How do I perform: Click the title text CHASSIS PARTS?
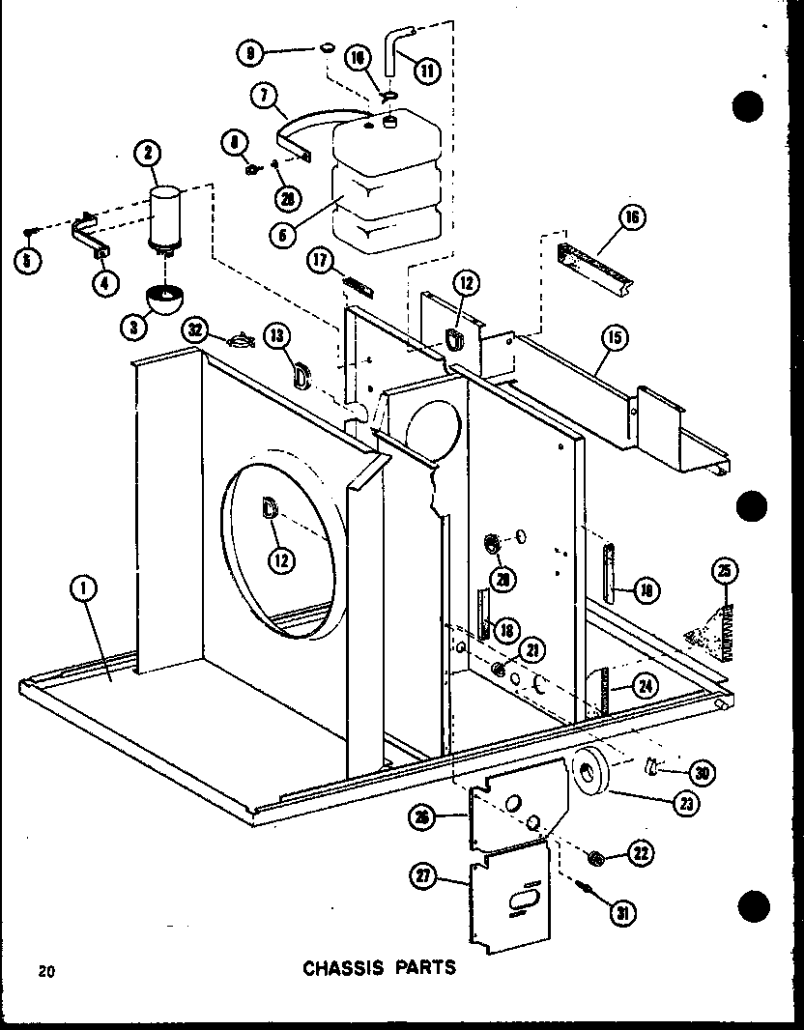(379, 966)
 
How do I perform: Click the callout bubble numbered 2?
(149, 153)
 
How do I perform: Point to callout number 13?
(277, 336)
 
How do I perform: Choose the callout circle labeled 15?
(614, 337)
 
